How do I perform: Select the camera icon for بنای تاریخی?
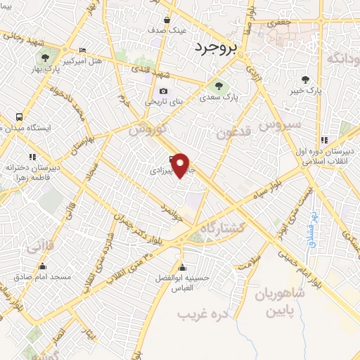pyautogui.click(x=164, y=91)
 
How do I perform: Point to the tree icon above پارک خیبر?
pyautogui.click(x=304, y=79)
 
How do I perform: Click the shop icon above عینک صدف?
pyautogui.click(x=167, y=20)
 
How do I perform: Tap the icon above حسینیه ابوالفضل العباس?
pyautogui.click(x=184, y=267)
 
